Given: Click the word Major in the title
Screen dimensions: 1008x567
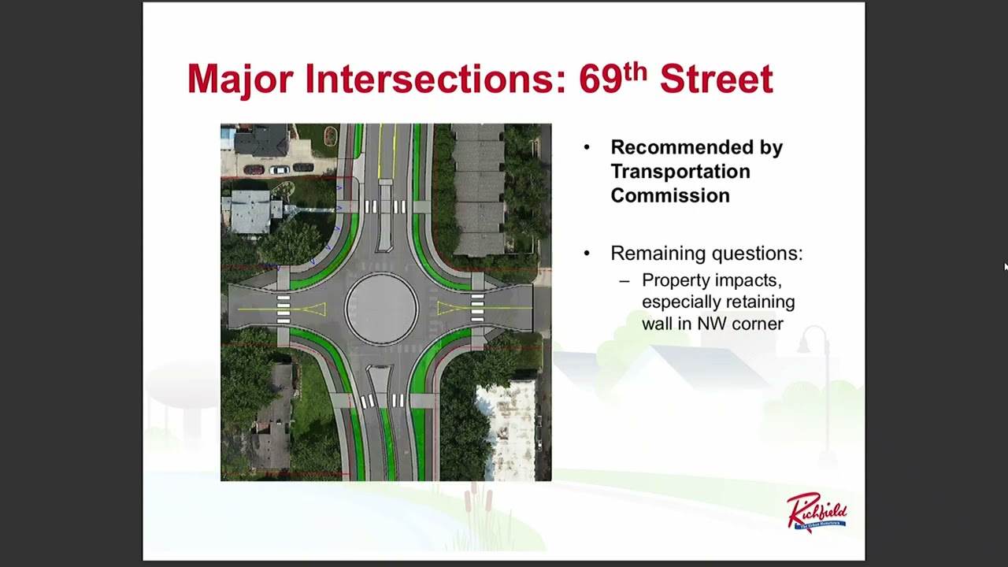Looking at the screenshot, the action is tap(240, 80).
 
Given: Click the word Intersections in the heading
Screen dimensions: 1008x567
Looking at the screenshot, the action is tap(435, 79).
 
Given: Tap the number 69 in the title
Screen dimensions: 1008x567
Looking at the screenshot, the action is tap(601, 80).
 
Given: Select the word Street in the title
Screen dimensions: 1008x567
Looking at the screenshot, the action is tap(717, 79).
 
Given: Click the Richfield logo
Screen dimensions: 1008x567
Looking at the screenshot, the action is tap(817, 512).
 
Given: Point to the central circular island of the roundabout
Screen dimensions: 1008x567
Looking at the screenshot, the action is tap(382, 309).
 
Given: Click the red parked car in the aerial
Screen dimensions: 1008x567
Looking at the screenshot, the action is tap(254, 169).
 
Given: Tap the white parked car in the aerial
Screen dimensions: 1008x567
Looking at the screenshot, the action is tap(280, 169).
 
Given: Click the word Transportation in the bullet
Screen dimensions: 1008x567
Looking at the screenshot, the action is tap(680, 172).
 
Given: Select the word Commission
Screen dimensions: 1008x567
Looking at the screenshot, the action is tap(670, 196).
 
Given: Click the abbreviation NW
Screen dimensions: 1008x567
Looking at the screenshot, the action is tap(711, 324).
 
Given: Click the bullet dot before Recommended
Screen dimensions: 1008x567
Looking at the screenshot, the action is tap(587, 146).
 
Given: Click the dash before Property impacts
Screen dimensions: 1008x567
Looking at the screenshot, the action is tap(624, 282).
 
